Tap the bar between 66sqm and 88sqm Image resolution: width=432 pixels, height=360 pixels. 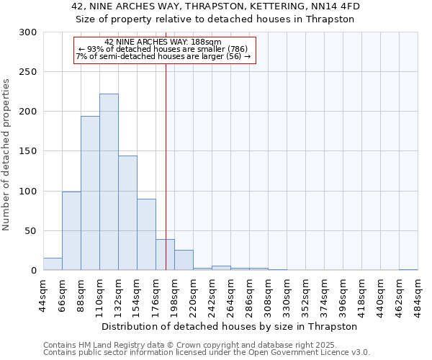pyautogui.click(x=71, y=230)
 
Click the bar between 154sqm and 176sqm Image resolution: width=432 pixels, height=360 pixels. pyautogui.click(x=146, y=235)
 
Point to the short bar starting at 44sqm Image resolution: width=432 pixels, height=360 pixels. pyautogui.click(x=53, y=264)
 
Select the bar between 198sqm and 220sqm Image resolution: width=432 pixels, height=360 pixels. pyautogui.click(x=184, y=261)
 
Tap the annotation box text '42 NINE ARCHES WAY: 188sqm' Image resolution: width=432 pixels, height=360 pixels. pyautogui.click(x=163, y=42)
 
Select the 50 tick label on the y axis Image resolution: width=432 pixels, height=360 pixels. pyautogui.click(x=31, y=231)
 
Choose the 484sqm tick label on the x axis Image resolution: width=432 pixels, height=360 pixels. pyautogui.click(x=418, y=295)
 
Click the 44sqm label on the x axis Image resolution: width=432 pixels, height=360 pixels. pyautogui.click(x=43, y=295)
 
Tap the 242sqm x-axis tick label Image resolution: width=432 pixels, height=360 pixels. pyautogui.click(x=212, y=295)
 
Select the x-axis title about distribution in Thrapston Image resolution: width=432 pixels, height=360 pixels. pyautogui.click(x=230, y=326)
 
